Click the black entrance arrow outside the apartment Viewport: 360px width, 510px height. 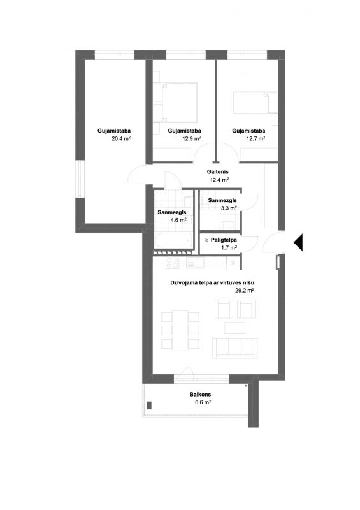(x=299, y=243)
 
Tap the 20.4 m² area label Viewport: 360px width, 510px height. (x=121, y=138)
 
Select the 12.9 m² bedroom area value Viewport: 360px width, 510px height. (x=191, y=138)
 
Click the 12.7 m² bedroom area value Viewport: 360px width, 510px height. (x=256, y=138)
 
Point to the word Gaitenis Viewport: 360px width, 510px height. (x=217, y=171)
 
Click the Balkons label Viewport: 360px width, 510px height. (x=200, y=395)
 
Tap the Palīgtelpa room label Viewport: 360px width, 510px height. (x=224, y=240)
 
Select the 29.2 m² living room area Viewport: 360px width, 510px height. (x=245, y=291)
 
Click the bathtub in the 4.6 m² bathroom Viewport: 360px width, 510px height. (x=173, y=241)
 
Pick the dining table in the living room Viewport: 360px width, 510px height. (x=180, y=330)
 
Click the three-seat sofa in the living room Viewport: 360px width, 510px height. (x=235, y=348)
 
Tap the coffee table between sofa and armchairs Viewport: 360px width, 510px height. (x=235, y=328)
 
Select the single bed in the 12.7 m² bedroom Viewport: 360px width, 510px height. (x=255, y=103)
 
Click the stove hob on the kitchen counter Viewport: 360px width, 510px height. (x=173, y=263)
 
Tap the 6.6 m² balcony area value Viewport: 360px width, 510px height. (x=203, y=402)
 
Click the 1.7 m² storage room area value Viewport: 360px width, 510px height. (x=229, y=247)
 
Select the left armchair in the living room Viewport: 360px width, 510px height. (x=224, y=309)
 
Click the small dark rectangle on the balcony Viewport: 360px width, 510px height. (x=149, y=405)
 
